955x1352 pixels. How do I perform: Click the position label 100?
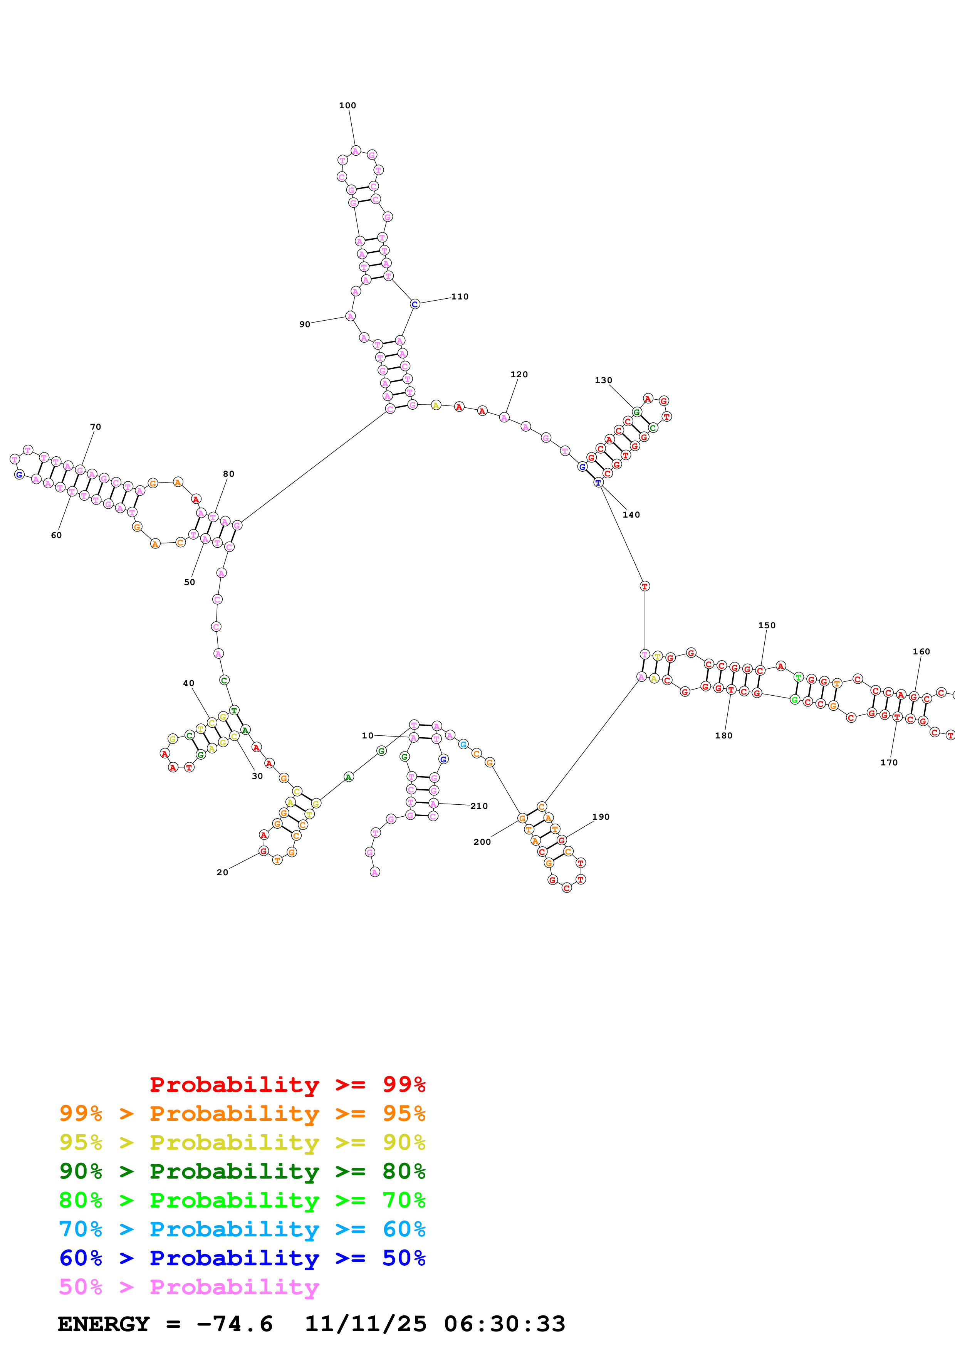pos(347,105)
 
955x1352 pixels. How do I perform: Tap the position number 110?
pos(460,297)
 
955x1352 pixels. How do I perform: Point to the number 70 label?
pos(95,427)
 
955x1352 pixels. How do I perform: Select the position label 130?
pos(603,380)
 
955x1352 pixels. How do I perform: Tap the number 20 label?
pos(222,872)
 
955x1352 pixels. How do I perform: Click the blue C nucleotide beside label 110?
pos(415,304)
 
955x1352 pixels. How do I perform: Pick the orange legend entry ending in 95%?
pos(242,1113)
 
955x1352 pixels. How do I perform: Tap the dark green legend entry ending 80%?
pos(242,1171)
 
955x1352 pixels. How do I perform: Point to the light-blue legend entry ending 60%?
pos(242,1229)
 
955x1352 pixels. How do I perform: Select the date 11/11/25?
pos(366,1324)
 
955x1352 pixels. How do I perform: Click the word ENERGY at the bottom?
pos(104,1324)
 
